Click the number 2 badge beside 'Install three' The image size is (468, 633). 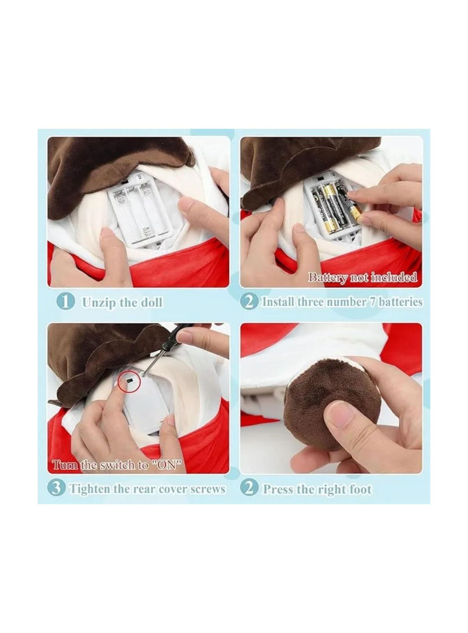tap(250, 302)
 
